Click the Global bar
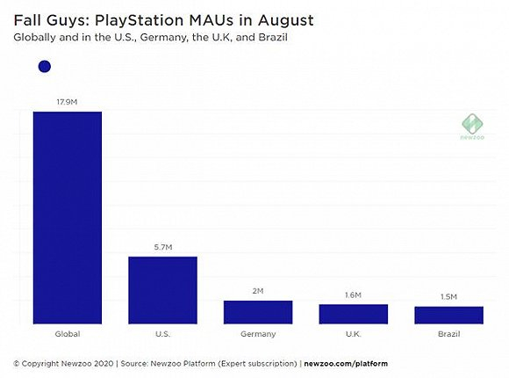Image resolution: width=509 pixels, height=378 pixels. coord(67,218)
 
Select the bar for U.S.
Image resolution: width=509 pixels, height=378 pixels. coord(162,290)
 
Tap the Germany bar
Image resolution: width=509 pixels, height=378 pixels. coord(258,312)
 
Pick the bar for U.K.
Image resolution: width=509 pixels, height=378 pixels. coord(353,315)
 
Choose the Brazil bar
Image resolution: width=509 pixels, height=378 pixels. coord(448,316)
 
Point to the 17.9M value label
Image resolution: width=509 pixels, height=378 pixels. coord(67,102)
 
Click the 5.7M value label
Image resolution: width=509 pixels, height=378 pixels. coord(162,248)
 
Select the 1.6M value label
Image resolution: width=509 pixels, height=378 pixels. coord(353,296)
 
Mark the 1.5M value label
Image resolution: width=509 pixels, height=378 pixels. coord(448,298)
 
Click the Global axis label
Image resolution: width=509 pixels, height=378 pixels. coord(67,335)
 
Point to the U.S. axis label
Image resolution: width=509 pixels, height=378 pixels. coord(162,335)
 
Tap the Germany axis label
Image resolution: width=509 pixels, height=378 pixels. coord(258,335)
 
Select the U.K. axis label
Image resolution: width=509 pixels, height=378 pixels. coord(353,335)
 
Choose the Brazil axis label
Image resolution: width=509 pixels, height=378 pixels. coord(448,335)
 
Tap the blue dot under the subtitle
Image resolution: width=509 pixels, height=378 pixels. coord(45,66)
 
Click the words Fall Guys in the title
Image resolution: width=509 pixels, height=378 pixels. coord(48,18)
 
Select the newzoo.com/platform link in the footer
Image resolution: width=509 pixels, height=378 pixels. coord(346,363)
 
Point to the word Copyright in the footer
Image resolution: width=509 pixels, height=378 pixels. coord(43,363)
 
